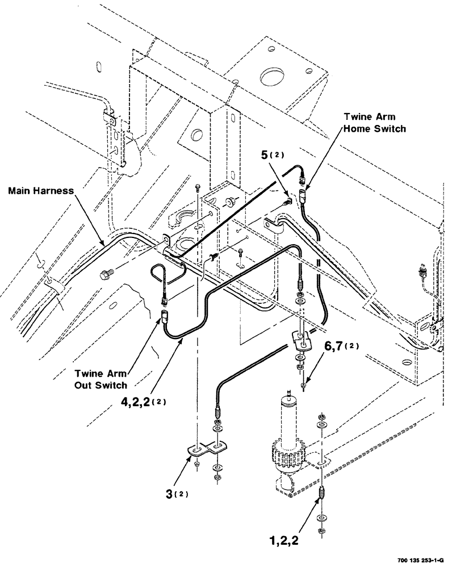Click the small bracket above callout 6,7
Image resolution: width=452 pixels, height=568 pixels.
point(300,340)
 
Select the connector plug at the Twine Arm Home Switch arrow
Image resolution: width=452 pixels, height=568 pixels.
point(302,196)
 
